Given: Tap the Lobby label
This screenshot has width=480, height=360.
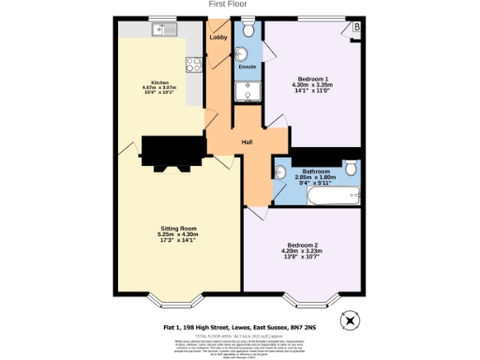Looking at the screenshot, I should (x=218, y=37).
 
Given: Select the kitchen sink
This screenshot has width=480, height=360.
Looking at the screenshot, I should (x=160, y=29).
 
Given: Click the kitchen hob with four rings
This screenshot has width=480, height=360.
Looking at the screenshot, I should (x=196, y=65).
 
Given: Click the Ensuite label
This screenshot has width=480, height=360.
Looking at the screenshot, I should (x=247, y=68).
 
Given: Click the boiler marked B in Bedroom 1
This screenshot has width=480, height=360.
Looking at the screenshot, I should (x=356, y=28).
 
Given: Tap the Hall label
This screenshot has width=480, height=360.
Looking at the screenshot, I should (x=247, y=142).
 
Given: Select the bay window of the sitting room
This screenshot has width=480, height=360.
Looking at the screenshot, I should (x=173, y=302).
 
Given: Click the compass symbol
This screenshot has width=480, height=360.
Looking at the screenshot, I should (x=350, y=319).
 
